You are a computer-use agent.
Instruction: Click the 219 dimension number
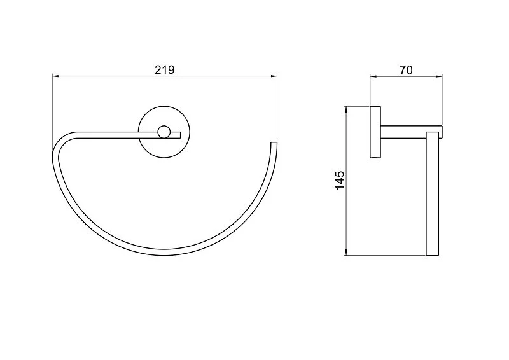pyautogui.click(x=165, y=69)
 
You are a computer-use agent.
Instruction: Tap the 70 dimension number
pyautogui.click(x=406, y=70)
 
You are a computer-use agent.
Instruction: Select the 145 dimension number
pyautogui.click(x=340, y=180)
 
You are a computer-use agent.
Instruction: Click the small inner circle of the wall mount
pyautogui.click(x=164, y=132)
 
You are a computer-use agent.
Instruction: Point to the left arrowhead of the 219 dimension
pyautogui.click(x=55, y=76)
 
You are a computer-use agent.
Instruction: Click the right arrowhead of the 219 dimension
pyautogui.click(x=274, y=76)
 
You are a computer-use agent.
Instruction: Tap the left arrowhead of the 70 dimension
pyautogui.click(x=373, y=76)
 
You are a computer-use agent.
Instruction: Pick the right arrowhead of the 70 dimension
pyautogui.click(x=439, y=76)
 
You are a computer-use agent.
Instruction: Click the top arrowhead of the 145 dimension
pyautogui.click(x=346, y=109)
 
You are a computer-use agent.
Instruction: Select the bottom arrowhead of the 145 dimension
pyautogui.click(x=346, y=253)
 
